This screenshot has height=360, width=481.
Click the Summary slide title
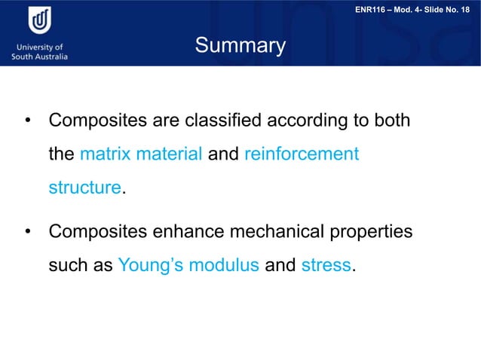tap(240, 47)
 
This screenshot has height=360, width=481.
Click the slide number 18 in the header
tap(468, 8)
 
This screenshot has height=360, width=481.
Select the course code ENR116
tap(372, 8)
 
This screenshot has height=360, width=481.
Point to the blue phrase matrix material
tap(141, 154)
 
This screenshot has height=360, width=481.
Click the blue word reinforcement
tap(302, 154)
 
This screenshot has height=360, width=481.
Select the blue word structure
tap(84, 188)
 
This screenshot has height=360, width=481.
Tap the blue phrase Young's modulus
tap(189, 265)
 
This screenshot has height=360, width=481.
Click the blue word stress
tap(326, 265)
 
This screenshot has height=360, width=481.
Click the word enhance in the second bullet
tap(196, 231)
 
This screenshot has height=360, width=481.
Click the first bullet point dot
tap(27, 121)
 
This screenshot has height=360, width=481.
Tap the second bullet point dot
tap(27, 232)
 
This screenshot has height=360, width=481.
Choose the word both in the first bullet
tap(391, 121)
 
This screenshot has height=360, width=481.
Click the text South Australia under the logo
tap(40, 56)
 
